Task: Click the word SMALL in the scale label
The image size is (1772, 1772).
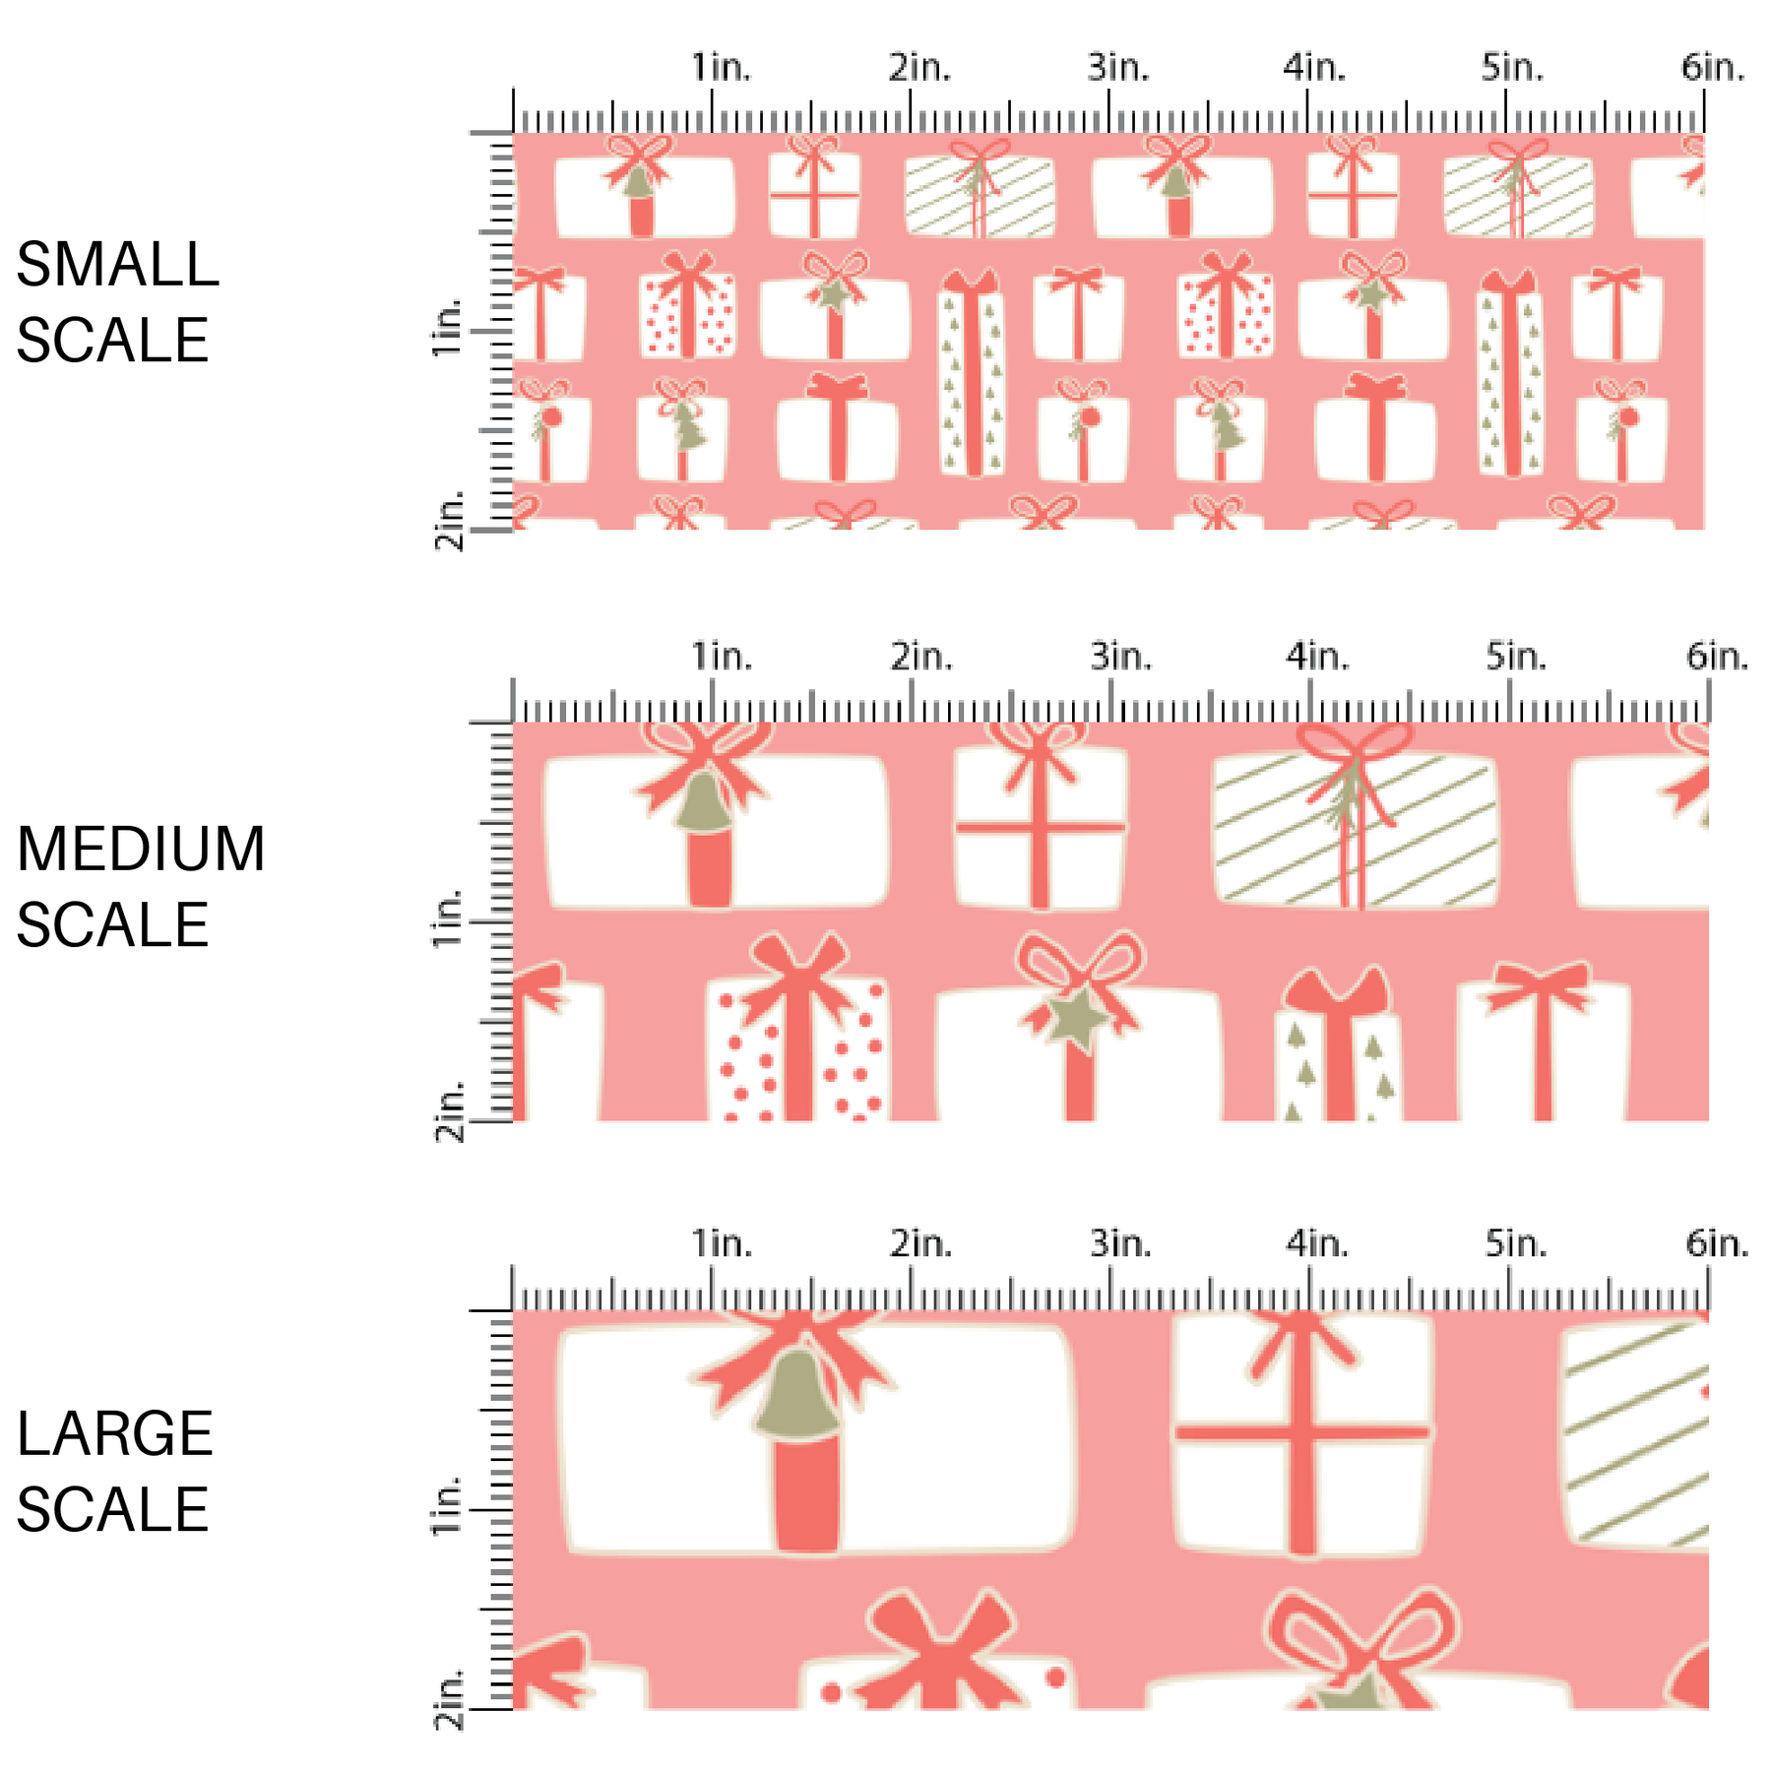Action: (117, 265)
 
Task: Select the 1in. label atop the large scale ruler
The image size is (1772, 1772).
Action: (722, 1244)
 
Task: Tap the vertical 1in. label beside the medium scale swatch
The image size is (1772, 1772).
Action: (447, 919)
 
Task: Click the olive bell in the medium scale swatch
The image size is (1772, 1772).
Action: (703, 800)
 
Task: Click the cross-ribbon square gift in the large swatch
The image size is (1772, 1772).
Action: (1302, 1433)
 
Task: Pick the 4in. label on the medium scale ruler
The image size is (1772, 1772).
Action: (1316, 657)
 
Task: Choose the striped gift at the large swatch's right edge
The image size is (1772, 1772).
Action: (1635, 1433)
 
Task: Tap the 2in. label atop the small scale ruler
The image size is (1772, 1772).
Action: (920, 68)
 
